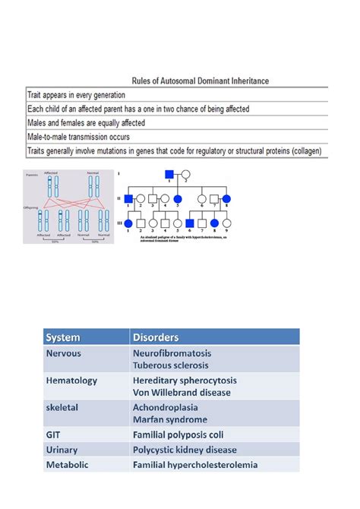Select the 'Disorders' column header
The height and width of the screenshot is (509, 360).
156,337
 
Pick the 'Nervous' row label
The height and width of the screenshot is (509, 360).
64,353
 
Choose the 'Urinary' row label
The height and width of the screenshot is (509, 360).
62,450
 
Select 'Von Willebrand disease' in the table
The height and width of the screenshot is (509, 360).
182,393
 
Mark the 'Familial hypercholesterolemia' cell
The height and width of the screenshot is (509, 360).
195,464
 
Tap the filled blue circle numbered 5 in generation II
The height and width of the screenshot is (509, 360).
178,200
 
